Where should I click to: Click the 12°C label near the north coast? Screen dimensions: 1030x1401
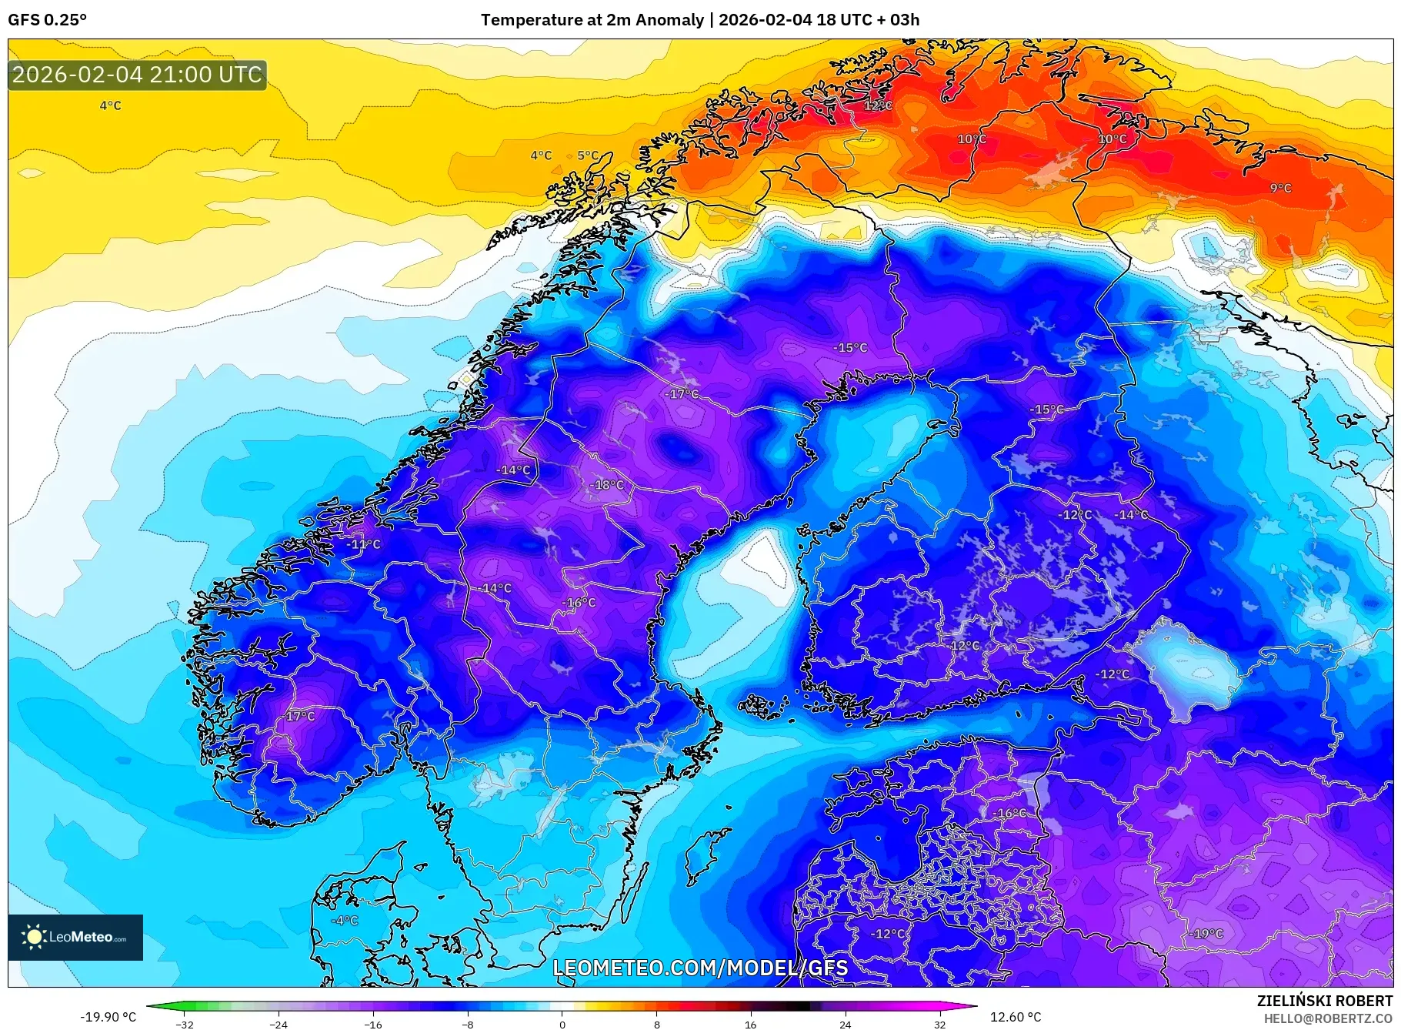click(x=877, y=105)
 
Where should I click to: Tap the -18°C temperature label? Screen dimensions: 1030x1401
click(x=608, y=485)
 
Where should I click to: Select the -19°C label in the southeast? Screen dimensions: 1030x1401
click(x=1206, y=934)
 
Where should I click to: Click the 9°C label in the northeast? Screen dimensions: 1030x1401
click(x=1280, y=188)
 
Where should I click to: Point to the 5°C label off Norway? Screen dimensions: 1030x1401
click(x=587, y=156)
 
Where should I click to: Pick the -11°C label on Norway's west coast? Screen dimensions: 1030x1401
click(x=363, y=543)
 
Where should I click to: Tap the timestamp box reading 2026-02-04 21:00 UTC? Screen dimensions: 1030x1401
click(x=137, y=75)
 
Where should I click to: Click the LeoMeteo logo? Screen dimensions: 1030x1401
click(x=75, y=937)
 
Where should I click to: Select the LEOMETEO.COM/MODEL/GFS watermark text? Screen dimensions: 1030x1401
click(x=700, y=968)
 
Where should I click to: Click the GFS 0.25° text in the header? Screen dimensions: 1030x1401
click(x=48, y=20)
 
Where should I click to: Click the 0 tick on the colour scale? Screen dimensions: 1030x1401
click(x=562, y=1025)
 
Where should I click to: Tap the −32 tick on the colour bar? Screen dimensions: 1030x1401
click(x=184, y=1025)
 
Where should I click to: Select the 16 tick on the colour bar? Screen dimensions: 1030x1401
click(x=750, y=1025)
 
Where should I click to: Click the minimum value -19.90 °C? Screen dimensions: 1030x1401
click(x=108, y=1017)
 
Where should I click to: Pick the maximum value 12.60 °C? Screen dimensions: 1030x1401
click(x=1015, y=1017)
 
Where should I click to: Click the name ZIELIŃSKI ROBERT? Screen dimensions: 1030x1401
click(x=1324, y=1001)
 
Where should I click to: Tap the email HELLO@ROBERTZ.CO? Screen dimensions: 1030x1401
click(x=1327, y=1018)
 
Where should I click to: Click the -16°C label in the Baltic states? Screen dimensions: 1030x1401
click(x=1009, y=813)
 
